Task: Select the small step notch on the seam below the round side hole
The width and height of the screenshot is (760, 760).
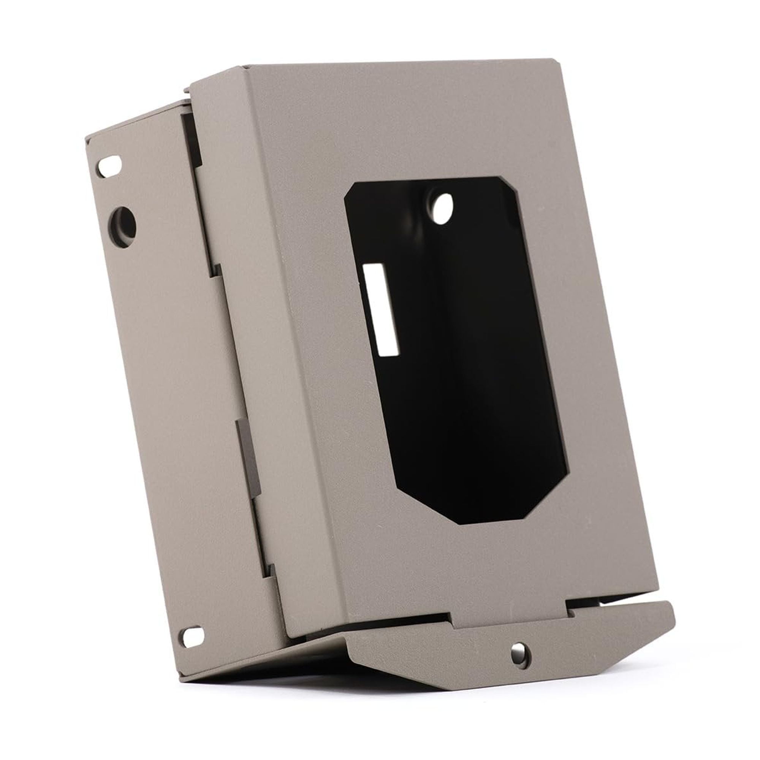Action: click(217, 270)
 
